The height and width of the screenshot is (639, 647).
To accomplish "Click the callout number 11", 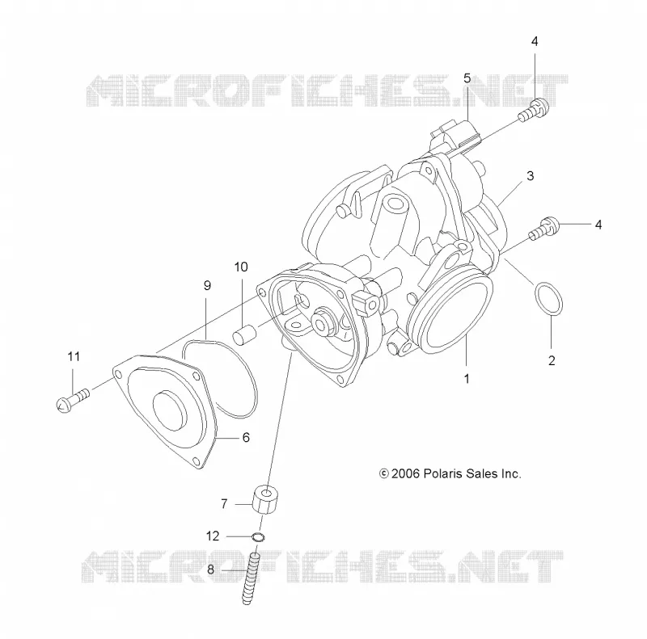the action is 74,356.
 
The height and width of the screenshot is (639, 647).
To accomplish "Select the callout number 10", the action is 241,267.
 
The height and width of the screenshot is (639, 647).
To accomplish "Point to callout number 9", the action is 208,285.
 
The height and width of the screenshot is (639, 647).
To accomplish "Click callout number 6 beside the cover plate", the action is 246,437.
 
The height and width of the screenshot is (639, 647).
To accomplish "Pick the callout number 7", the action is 224,504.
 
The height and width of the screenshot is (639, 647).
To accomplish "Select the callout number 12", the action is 213,536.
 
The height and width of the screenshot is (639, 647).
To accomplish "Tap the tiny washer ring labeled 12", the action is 258,537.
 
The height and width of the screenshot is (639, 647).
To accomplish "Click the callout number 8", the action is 210,570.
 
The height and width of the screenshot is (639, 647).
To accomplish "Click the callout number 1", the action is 467,378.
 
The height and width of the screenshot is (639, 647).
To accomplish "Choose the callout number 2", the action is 552,361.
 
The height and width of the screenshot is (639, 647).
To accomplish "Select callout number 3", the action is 531,176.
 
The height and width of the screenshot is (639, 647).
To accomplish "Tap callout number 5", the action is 467,78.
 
